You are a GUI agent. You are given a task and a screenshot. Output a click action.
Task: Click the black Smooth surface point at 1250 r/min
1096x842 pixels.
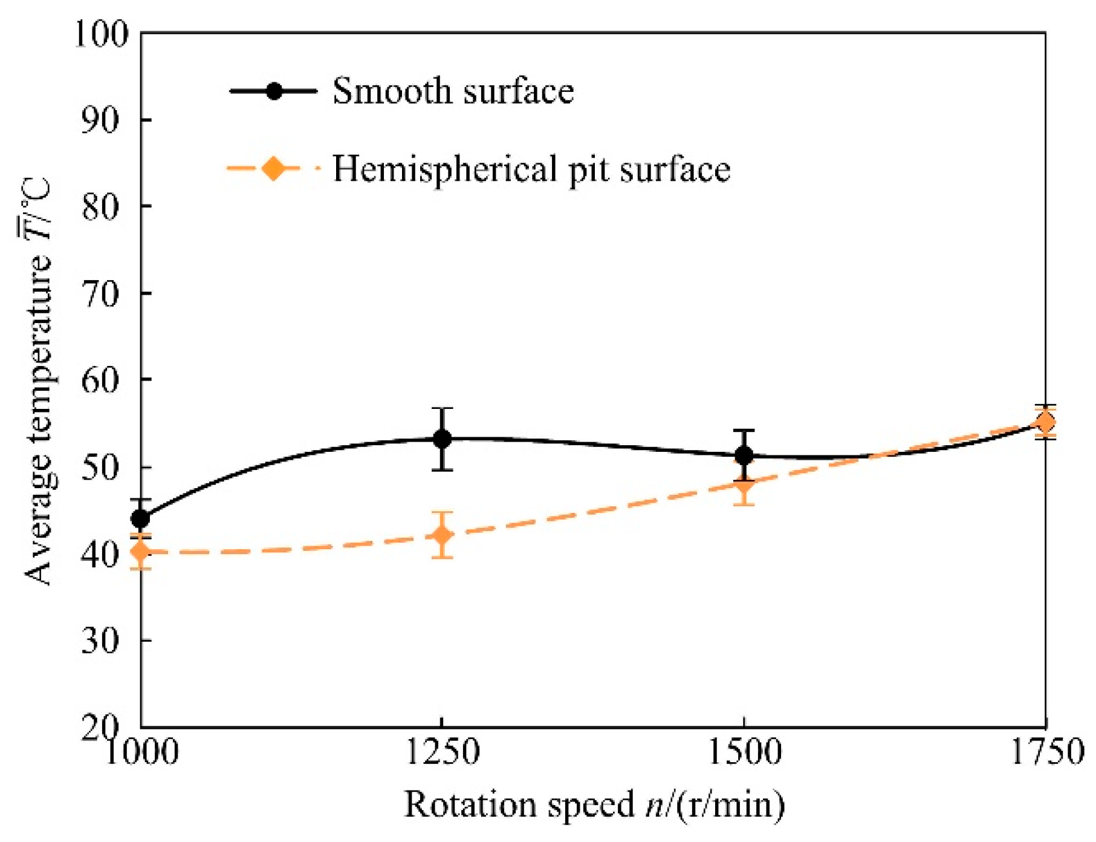tap(443, 439)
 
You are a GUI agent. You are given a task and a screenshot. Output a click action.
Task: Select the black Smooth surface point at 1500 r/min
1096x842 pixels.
tap(744, 455)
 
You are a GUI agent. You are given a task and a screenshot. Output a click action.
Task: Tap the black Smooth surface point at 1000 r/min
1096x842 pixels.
tap(140, 518)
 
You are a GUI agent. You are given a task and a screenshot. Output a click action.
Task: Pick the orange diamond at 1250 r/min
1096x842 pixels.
tap(443, 535)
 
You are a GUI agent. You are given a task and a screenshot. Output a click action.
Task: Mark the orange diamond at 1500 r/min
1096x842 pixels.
tap(744, 485)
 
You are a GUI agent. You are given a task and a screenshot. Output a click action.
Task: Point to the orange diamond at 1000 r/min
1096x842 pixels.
tap(140, 551)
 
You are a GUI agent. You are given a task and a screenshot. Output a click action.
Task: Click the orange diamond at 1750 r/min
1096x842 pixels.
tap(1045, 422)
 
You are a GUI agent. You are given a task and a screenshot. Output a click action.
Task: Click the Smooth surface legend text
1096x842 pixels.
tap(453, 92)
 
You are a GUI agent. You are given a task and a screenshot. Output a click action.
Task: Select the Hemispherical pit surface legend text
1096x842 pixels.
tap(531, 169)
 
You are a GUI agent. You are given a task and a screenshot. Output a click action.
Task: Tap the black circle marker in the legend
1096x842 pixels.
tap(274, 91)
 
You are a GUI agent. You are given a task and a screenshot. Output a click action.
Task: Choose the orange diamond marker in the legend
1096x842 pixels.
tap(273, 168)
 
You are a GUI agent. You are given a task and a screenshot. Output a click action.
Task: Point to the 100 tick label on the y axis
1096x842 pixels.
tap(102, 34)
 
